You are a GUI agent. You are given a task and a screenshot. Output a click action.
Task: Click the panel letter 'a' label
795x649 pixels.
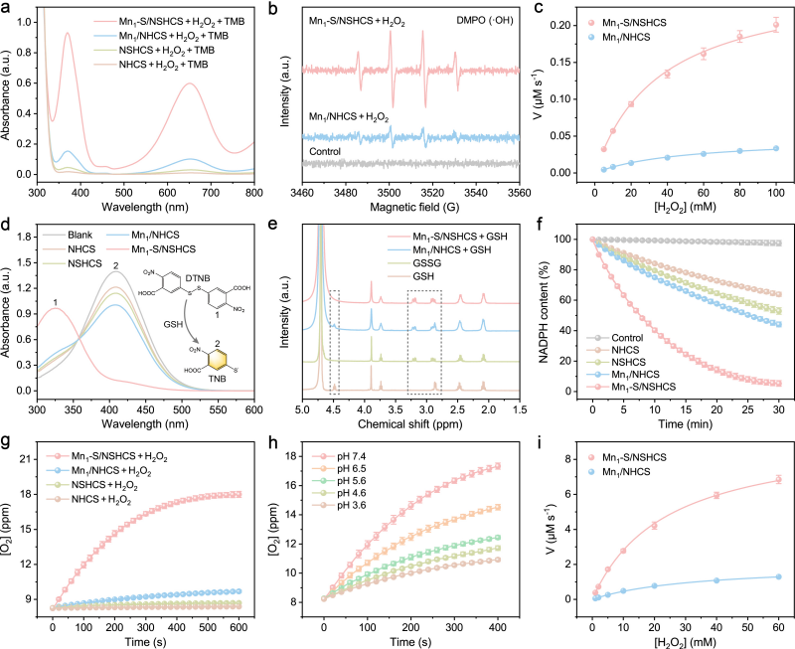[6, 8]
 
